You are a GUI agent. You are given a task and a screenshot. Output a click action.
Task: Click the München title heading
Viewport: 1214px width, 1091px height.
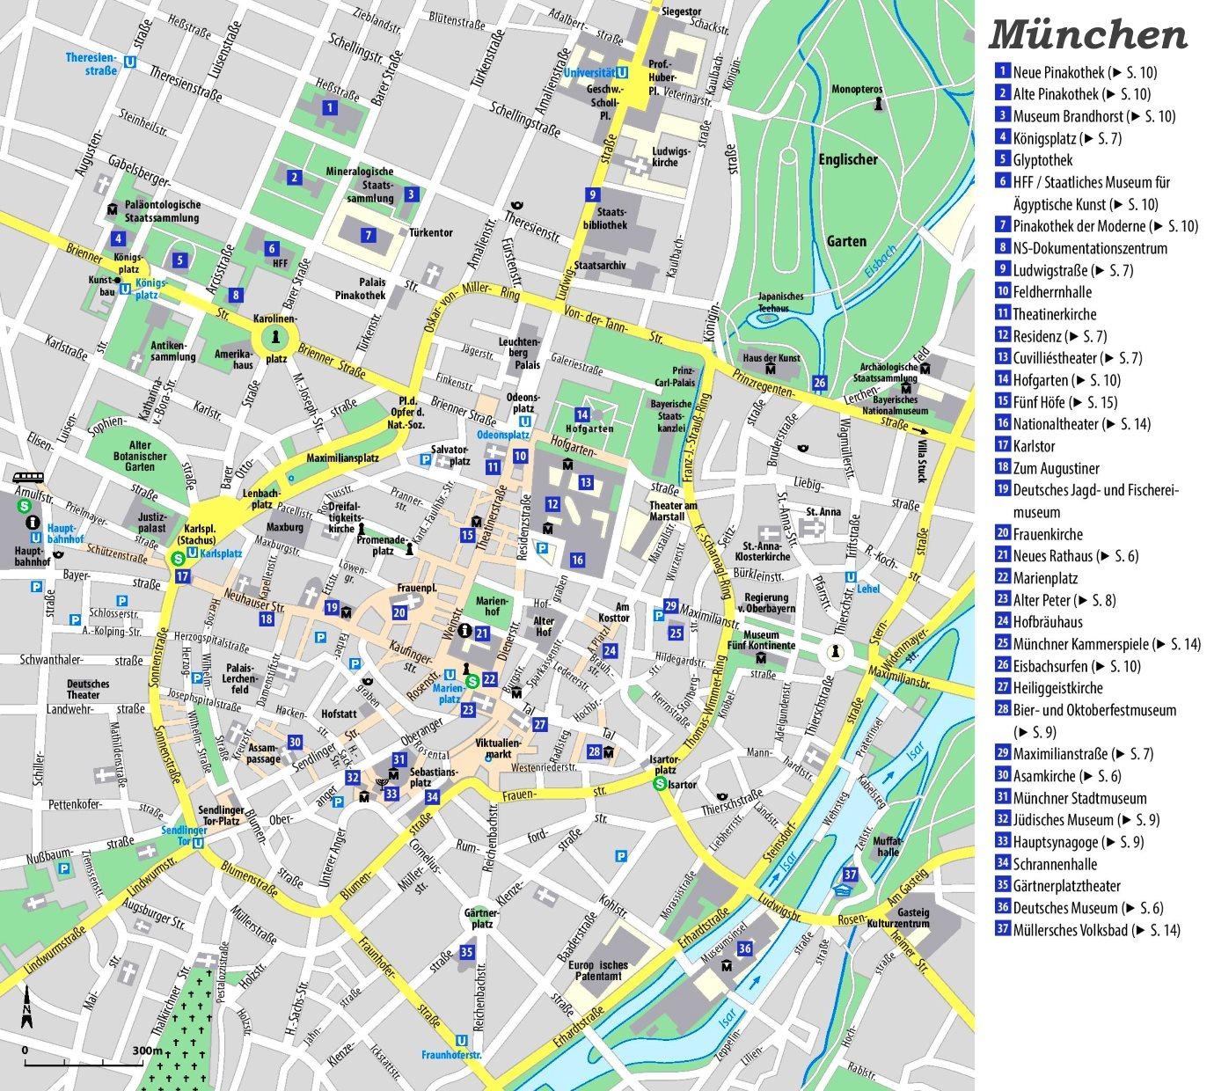1088,34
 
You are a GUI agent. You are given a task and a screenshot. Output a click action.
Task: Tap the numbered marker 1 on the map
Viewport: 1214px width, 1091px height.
329,108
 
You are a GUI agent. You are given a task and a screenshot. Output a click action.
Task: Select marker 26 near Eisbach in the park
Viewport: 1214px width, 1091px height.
819,383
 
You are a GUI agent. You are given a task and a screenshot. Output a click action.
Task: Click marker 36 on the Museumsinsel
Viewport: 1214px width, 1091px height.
744,948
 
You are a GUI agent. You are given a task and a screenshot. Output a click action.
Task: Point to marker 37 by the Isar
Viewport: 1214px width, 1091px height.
850,874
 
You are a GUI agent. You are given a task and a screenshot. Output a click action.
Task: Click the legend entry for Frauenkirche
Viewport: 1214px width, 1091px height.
1047,534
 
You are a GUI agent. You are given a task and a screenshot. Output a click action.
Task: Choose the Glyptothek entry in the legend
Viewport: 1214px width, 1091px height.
1042,160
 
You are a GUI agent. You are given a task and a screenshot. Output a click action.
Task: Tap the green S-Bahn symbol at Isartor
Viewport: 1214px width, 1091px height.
659,785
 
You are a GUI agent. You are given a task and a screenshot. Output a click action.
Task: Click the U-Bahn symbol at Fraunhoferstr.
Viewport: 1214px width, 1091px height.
461,1041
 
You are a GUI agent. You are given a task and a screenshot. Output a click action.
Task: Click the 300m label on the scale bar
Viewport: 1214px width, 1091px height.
147,1051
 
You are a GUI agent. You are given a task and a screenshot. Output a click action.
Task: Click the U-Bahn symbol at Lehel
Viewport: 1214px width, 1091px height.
850,577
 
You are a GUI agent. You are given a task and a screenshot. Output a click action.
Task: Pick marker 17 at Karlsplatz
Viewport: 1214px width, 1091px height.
182,576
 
